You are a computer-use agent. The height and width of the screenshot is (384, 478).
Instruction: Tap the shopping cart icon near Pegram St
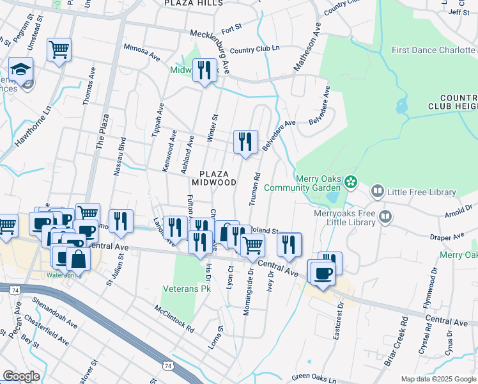59,49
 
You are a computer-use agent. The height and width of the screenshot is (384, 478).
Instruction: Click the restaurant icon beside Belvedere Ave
245,141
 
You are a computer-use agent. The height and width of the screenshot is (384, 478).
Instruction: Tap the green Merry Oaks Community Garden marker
350,183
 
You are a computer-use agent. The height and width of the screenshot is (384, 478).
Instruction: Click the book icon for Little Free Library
378,192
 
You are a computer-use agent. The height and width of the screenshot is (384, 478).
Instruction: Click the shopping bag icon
78,259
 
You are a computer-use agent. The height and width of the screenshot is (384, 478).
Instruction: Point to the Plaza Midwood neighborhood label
217,178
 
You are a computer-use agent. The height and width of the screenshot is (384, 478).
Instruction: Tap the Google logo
21,376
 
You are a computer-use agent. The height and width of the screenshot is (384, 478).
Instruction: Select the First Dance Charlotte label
433,50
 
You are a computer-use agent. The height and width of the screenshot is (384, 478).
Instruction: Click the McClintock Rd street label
174,318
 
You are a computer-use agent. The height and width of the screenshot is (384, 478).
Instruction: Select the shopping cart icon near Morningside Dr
253,244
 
